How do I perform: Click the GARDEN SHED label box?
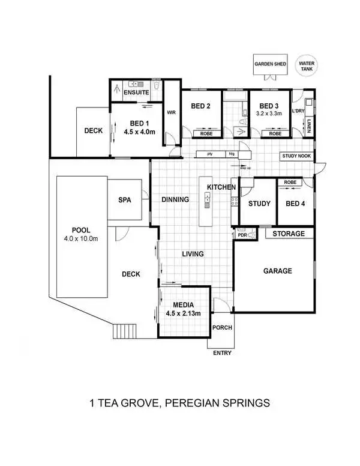269,64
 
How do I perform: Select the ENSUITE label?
136,93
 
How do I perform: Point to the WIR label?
171,112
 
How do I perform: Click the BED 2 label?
200,106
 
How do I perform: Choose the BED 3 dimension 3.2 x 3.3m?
269,112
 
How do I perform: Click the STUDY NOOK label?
297,157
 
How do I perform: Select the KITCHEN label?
221,187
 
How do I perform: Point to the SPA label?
124,199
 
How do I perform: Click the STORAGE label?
289,234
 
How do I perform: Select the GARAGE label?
277,271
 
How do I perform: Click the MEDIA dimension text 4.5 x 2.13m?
183,313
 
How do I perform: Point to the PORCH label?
221,328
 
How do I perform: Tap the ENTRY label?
222,353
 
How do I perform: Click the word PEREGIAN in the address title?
197,402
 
